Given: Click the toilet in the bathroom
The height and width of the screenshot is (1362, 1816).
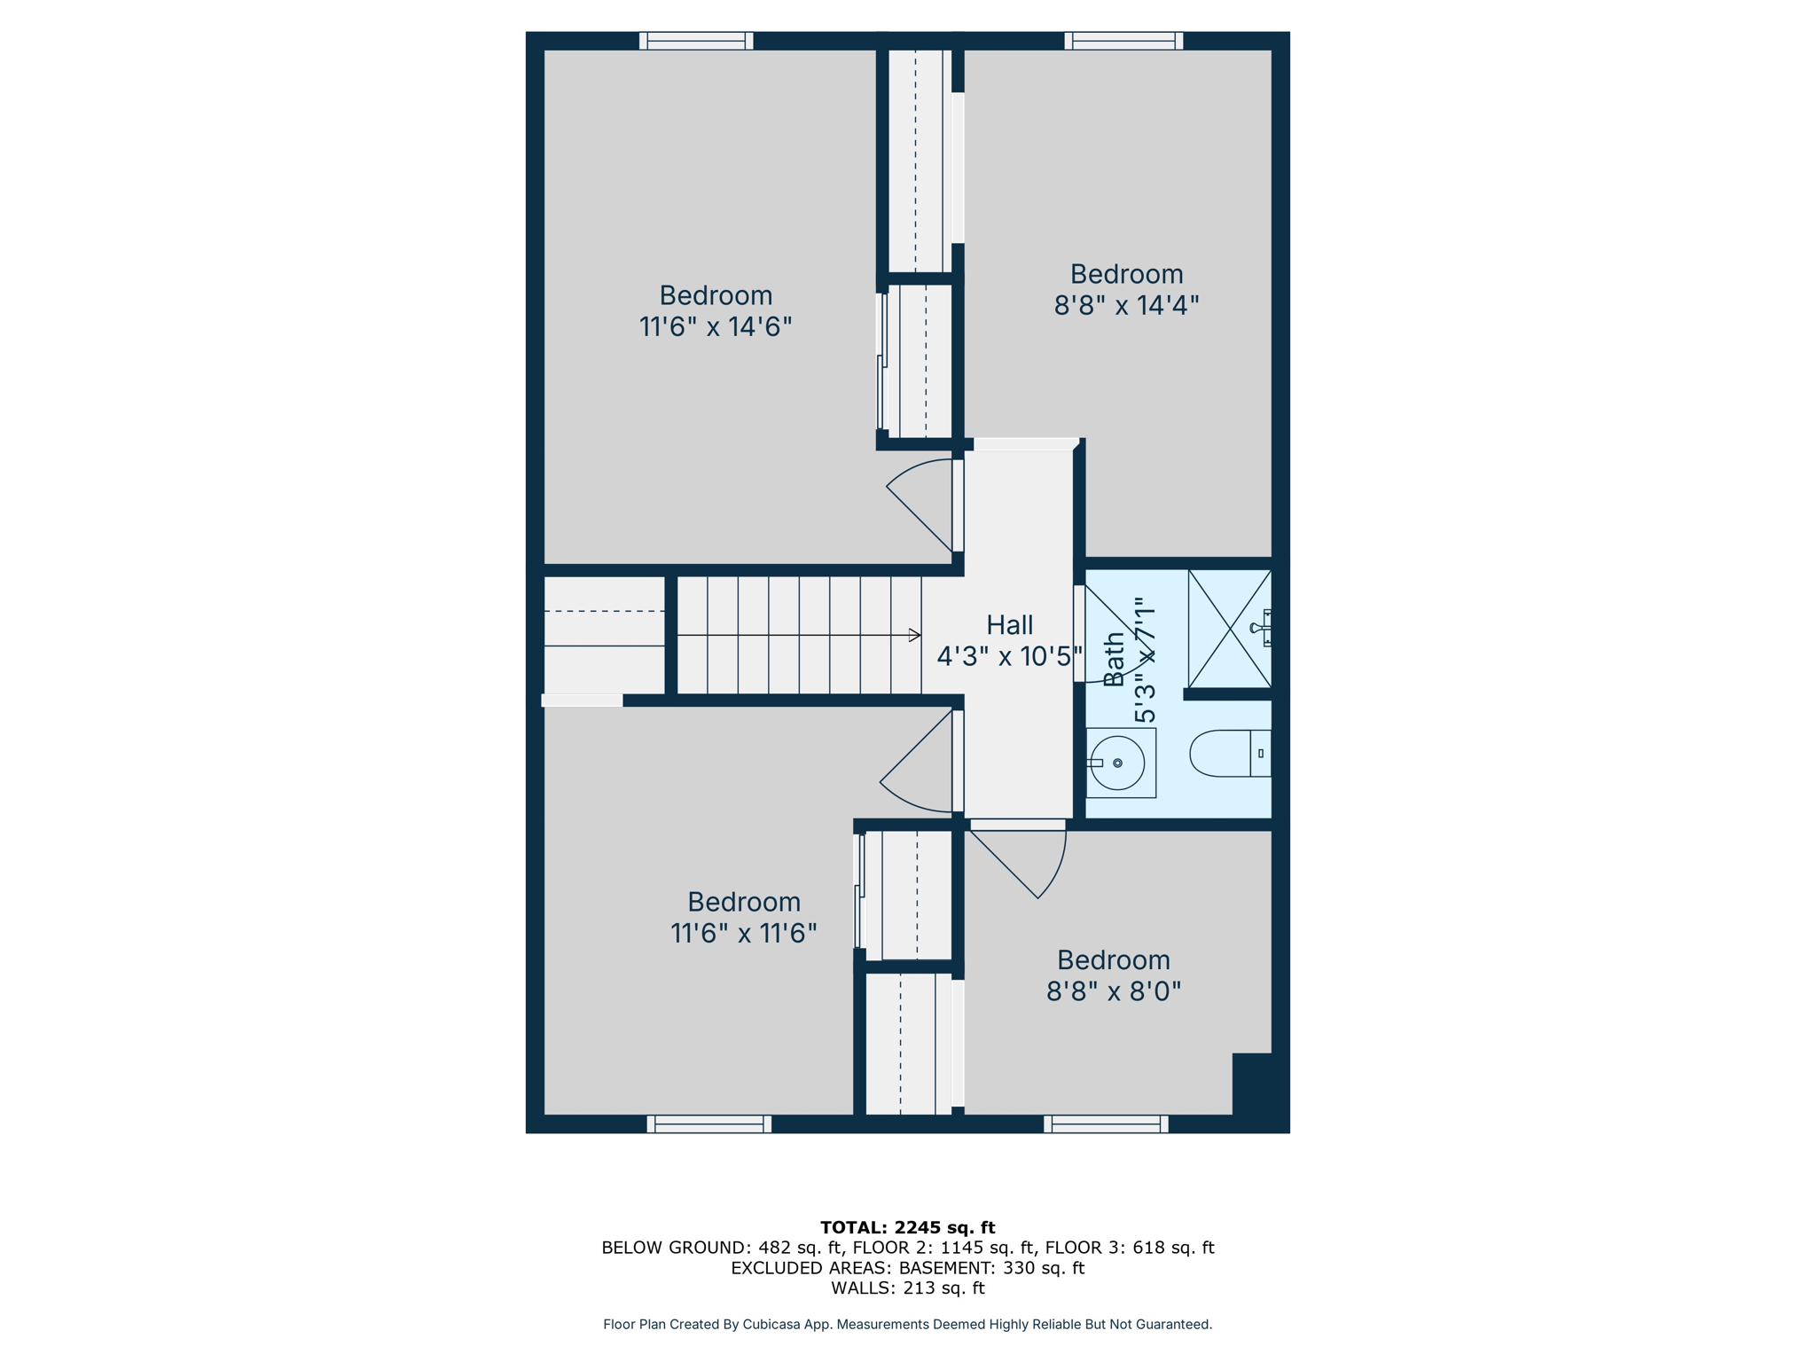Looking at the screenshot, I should click(x=1229, y=754).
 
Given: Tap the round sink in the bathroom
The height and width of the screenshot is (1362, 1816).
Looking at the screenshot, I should click(x=1118, y=763).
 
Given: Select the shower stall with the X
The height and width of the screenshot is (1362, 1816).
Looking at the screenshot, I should click(x=1229, y=629).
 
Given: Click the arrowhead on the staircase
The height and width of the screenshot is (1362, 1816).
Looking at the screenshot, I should click(x=914, y=635).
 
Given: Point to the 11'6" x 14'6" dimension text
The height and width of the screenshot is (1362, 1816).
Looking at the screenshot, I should click(x=715, y=327).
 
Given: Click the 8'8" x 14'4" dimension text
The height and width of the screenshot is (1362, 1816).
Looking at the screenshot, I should click(x=1126, y=306).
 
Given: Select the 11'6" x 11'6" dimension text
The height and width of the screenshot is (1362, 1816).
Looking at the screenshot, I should click(x=743, y=934).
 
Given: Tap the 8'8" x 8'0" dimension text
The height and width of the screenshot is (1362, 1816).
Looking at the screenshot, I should click(x=1114, y=991).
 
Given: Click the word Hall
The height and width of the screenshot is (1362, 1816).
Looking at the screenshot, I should click(x=1009, y=625).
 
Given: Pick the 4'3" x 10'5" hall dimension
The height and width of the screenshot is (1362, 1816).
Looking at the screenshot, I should click(x=1009, y=657).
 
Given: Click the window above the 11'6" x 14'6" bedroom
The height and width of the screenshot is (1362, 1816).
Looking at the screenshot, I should click(x=696, y=41).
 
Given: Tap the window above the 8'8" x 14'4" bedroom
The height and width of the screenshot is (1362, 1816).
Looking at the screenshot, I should click(x=1123, y=41).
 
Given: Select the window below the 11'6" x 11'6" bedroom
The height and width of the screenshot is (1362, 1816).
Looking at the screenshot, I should click(x=709, y=1124).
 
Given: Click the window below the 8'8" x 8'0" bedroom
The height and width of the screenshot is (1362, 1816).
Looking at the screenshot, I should click(x=1106, y=1124).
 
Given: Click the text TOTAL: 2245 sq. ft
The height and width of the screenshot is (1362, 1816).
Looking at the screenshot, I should click(x=907, y=1228).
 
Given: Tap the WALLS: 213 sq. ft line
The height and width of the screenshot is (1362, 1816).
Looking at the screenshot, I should click(x=907, y=1288).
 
